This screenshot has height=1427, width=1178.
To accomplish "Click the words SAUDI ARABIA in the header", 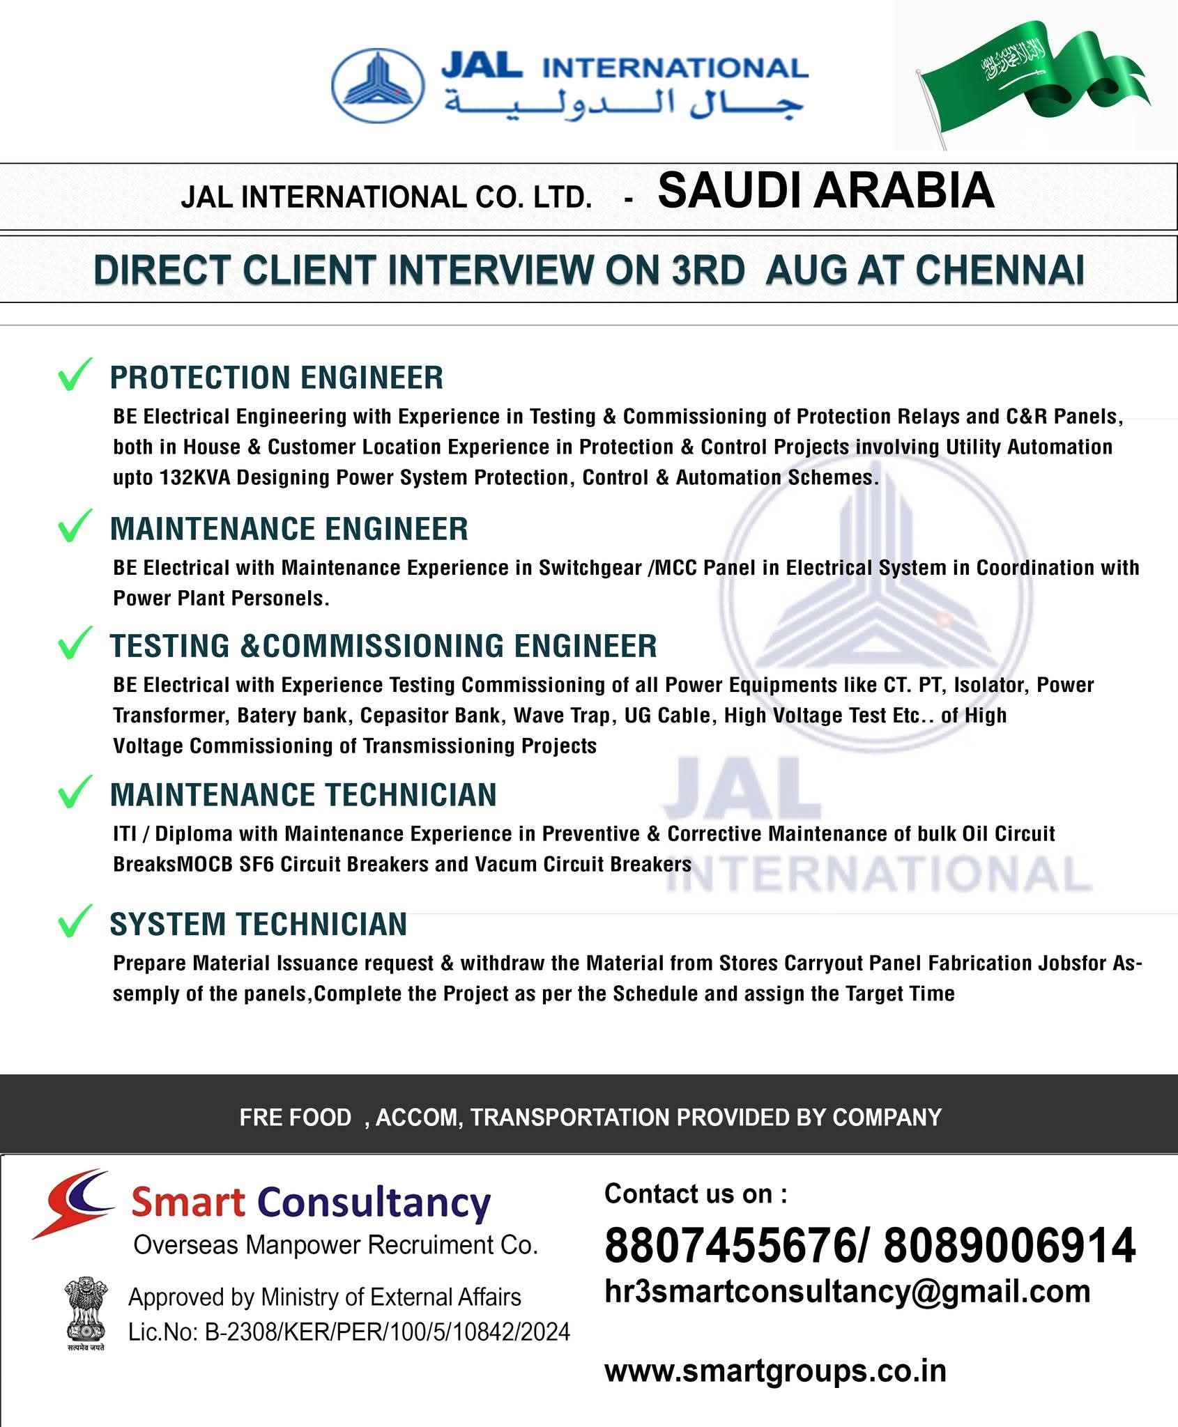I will [x=826, y=191].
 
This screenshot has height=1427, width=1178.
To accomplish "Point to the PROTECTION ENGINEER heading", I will [x=277, y=378].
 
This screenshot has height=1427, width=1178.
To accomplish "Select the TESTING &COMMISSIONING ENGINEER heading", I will [x=383, y=645].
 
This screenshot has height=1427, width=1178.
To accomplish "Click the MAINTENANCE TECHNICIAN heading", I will [x=303, y=794].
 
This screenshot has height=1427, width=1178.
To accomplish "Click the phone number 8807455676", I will [x=725, y=1246].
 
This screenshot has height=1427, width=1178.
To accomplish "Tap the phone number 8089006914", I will [x=1010, y=1246].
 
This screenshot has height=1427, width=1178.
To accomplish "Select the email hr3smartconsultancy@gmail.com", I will [x=847, y=1291].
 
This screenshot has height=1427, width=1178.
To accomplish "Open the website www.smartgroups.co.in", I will [x=775, y=1371].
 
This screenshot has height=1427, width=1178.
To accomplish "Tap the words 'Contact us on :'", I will [x=696, y=1194].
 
